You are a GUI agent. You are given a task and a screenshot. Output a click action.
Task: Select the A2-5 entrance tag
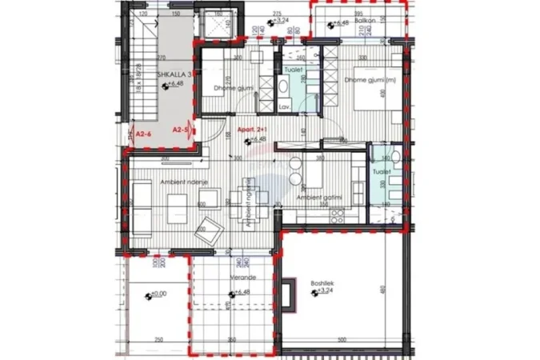(x=182, y=129)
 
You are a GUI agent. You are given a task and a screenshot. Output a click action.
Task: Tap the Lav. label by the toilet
(x=284, y=106)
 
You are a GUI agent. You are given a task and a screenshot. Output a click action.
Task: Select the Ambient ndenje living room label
(x=162, y=182)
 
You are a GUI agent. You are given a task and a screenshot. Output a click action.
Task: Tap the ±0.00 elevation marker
(x=158, y=294)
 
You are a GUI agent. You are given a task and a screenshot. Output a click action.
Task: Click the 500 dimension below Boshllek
(x=342, y=341)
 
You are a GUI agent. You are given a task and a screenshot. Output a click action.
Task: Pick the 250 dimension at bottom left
(x=158, y=341)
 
